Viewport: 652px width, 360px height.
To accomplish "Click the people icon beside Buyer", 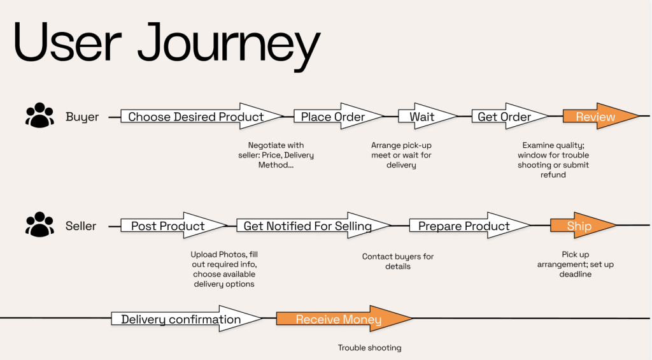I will [x=40, y=115].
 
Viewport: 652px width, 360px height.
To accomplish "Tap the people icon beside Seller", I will [x=40, y=224].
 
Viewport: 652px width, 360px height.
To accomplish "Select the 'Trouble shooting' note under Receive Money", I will [x=370, y=348].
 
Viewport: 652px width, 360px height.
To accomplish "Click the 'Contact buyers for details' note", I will [x=398, y=261].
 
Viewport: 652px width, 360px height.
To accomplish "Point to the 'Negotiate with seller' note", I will [x=276, y=155].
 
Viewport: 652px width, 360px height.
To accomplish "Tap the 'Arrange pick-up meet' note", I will [x=401, y=155].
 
